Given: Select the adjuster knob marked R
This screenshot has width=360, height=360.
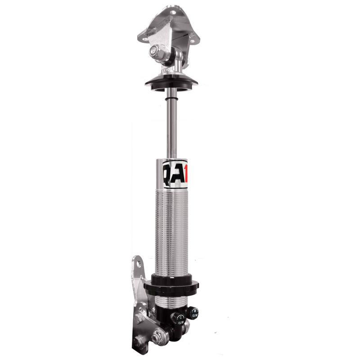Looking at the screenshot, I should pyautogui.click(x=193, y=311).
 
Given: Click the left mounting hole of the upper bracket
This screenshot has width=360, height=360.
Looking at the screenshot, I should pyautogui.click(x=145, y=39).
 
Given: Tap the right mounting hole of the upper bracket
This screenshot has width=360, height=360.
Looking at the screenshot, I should pyautogui.click(x=194, y=40).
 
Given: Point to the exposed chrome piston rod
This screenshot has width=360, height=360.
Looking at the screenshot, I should pyautogui.click(x=172, y=126).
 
